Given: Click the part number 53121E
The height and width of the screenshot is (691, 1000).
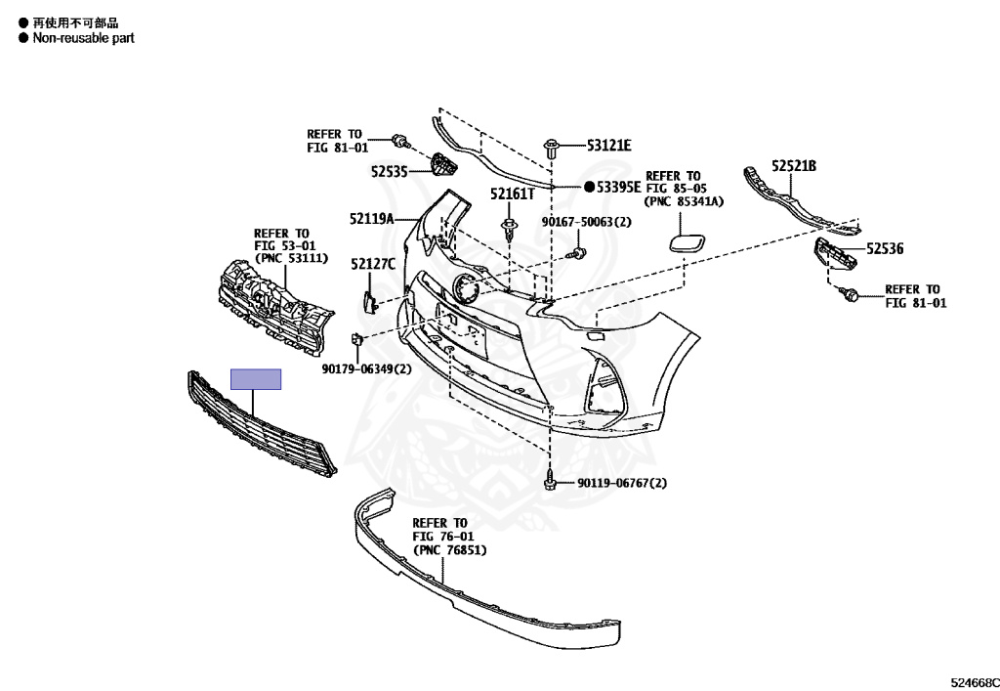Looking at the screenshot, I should pos(609,146).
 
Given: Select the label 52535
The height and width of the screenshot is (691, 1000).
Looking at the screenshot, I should pos(389,171).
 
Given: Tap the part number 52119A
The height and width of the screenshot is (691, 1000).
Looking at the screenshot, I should pos(371,219).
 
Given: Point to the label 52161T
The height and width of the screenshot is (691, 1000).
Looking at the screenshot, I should pos(513,194).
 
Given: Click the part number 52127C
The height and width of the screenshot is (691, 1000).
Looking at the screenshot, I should pos(373,263).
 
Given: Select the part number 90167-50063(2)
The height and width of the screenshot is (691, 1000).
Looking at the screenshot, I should pos(587,222).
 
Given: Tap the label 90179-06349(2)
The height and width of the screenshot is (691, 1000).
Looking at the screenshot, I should pos(366,369).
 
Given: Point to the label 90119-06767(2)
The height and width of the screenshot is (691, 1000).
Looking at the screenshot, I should pos(621,483).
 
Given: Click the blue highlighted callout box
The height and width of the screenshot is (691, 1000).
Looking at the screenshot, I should pos(256,379).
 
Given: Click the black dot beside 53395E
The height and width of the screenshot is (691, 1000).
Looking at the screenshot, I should pos(590,186).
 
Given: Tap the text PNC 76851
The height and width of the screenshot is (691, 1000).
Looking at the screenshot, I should pos(449,551).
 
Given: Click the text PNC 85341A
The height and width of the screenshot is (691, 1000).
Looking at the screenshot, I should pos(683,202).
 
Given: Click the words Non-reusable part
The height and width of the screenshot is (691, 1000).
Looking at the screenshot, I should pos(83,38).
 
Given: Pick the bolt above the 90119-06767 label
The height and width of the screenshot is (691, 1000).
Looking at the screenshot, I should pos(550,480).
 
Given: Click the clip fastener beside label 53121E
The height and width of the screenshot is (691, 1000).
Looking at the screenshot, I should pos(553,151).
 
